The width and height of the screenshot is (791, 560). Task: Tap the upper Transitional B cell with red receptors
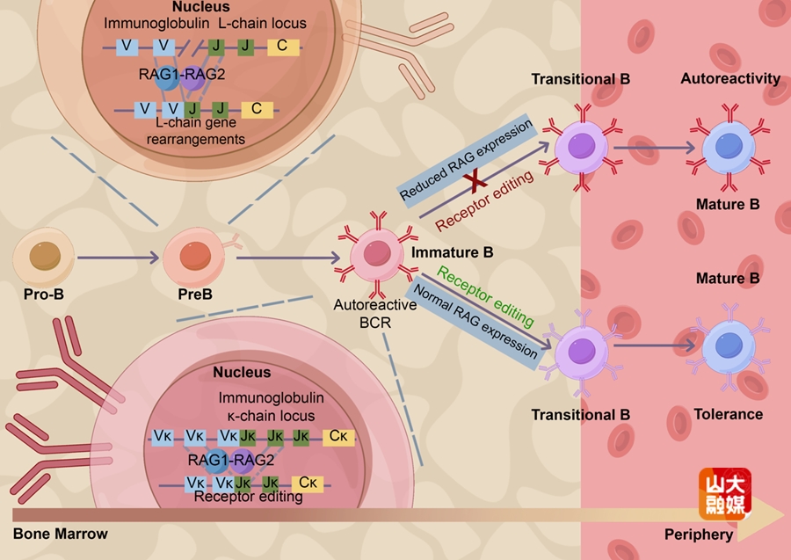[x=581, y=146]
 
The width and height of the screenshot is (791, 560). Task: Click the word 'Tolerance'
[x=728, y=414]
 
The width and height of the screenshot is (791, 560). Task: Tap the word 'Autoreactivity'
[x=730, y=79]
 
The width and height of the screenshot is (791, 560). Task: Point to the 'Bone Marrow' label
[x=60, y=534]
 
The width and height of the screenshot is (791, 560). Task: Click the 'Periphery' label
[x=698, y=535]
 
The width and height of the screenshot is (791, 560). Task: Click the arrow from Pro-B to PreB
[x=119, y=258]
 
